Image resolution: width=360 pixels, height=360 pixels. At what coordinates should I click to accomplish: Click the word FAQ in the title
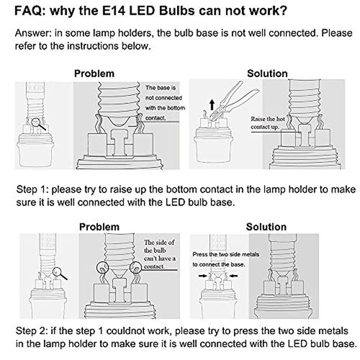click(x=30, y=11)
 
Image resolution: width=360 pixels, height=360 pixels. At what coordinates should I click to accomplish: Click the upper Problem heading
click(x=94, y=73)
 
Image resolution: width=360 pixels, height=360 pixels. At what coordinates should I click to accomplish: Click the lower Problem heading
click(x=99, y=227)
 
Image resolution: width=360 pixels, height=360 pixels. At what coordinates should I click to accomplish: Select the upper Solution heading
click(x=267, y=73)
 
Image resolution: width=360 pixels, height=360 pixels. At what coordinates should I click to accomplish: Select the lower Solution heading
click(x=266, y=227)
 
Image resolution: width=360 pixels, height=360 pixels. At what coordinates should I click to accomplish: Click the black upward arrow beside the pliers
click(x=212, y=105)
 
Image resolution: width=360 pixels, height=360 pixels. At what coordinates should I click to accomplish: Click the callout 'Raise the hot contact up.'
click(x=268, y=123)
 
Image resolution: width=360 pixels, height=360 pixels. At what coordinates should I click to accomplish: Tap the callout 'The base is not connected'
click(x=163, y=93)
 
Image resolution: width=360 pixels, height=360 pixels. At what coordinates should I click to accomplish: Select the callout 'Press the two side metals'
click(x=226, y=254)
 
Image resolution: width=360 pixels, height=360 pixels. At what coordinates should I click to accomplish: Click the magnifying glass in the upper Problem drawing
click(x=38, y=124)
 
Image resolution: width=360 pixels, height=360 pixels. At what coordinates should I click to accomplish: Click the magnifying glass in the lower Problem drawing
click(x=60, y=274)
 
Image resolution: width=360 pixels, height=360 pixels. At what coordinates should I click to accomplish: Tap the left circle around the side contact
click(x=102, y=267)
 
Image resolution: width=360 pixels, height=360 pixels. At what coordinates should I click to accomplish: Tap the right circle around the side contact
click(x=136, y=267)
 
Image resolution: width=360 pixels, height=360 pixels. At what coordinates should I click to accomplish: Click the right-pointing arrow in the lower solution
click(x=203, y=276)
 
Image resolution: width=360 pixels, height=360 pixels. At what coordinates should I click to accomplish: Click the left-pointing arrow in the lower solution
click(x=233, y=276)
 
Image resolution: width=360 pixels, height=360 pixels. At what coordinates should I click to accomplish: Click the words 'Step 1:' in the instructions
click(x=32, y=189)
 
